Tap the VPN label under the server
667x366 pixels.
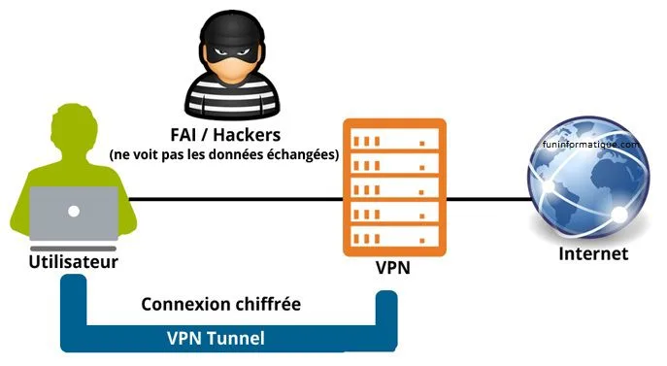(x=393, y=264)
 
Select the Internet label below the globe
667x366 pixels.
(x=593, y=253)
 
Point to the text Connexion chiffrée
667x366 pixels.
(x=220, y=304)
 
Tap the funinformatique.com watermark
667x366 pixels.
(x=589, y=144)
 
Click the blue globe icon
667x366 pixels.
(x=589, y=184)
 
